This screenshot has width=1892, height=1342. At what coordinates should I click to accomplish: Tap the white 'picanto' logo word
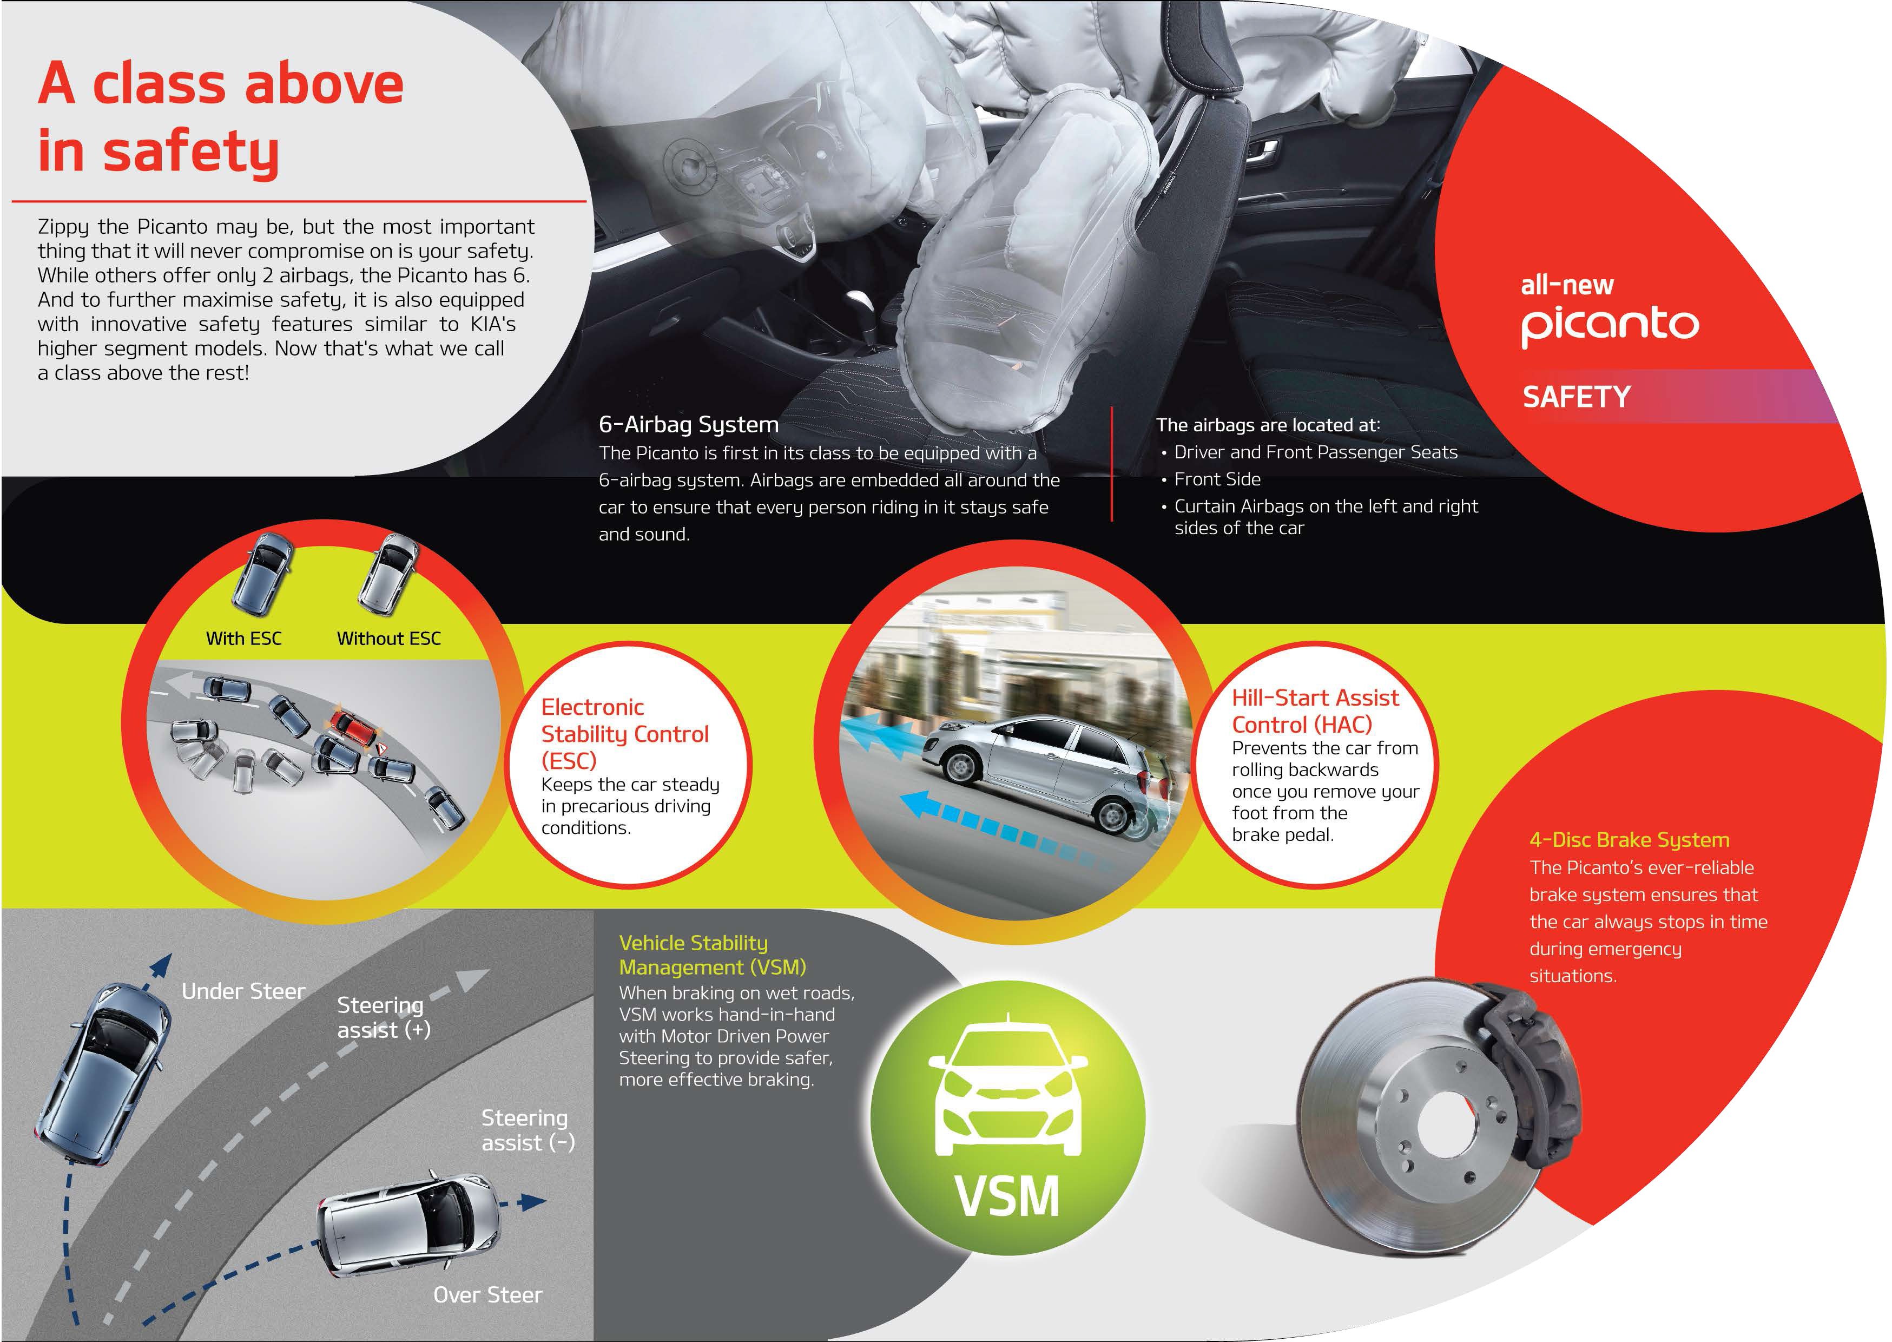[x=1610, y=326]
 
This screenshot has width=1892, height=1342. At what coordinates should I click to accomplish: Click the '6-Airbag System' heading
[x=688, y=425]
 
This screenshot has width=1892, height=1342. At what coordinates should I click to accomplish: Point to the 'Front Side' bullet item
[x=1217, y=479]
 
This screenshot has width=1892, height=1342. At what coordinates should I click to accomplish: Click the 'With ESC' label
[x=243, y=638]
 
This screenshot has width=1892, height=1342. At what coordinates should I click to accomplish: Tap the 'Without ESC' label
[x=388, y=638]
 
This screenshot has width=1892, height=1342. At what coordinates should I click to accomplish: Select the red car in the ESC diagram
[x=356, y=729]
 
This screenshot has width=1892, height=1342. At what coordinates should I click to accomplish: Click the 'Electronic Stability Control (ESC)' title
[x=624, y=734]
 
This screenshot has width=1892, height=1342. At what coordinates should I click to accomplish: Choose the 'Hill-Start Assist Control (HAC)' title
[x=1315, y=711]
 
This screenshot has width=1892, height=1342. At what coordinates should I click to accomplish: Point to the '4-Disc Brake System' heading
[x=1629, y=840]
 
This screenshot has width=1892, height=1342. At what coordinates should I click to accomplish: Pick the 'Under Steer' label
[x=243, y=991]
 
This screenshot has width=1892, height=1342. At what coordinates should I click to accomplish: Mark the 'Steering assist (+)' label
[x=384, y=1017]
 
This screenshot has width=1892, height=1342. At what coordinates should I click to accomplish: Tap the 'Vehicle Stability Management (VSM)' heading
[x=712, y=955]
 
